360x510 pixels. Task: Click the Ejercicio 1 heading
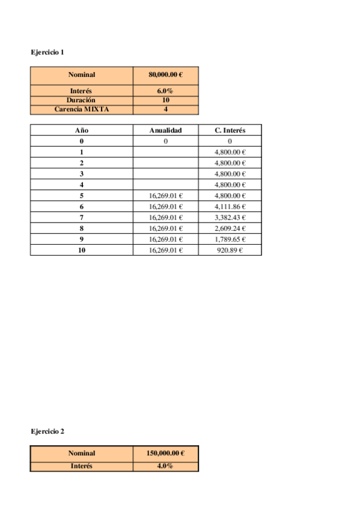click(47, 52)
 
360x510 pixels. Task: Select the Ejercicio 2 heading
click(47, 431)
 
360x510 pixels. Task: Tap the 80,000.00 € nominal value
click(165, 75)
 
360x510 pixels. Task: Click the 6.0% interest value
click(165, 91)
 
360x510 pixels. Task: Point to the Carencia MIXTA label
click(81, 109)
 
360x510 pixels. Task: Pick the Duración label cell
click(81, 100)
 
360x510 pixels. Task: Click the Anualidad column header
click(165, 130)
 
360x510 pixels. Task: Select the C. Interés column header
click(230, 130)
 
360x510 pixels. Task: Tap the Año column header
click(81, 130)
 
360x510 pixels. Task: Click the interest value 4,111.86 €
click(230, 206)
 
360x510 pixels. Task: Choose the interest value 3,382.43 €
click(230, 217)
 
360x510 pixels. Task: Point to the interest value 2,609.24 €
click(230, 229)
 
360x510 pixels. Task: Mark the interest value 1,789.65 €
click(230, 239)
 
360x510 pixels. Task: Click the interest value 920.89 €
click(230, 250)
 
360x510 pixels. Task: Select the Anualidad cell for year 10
click(165, 250)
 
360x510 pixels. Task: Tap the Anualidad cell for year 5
click(165, 195)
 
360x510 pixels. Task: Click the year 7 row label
click(81, 217)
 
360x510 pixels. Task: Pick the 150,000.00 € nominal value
click(165, 453)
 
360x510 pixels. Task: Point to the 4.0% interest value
click(165, 466)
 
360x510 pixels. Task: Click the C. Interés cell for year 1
click(230, 152)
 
